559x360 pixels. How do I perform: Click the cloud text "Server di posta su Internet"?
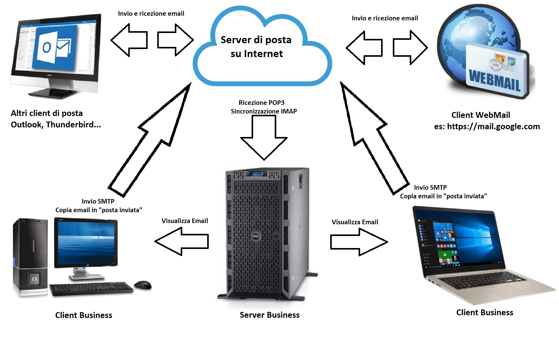click(x=256, y=47)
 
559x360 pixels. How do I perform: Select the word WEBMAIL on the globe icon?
click(x=495, y=80)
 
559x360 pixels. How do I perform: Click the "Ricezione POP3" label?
click(x=261, y=103)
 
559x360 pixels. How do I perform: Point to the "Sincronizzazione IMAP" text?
click(x=264, y=111)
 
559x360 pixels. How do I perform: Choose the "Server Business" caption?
click(x=269, y=315)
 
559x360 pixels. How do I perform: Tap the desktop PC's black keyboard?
click(x=91, y=288)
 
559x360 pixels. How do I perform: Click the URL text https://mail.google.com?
click(x=493, y=126)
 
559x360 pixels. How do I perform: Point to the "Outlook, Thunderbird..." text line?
click(x=56, y=125)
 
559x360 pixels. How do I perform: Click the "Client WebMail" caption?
click(x=480, y=115)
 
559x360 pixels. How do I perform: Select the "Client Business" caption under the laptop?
click(x=485, y=312)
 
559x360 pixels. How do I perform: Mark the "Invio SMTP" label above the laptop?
click(x=430, y=188)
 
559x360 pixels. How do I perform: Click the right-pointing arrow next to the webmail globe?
click(x=410, y=48)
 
